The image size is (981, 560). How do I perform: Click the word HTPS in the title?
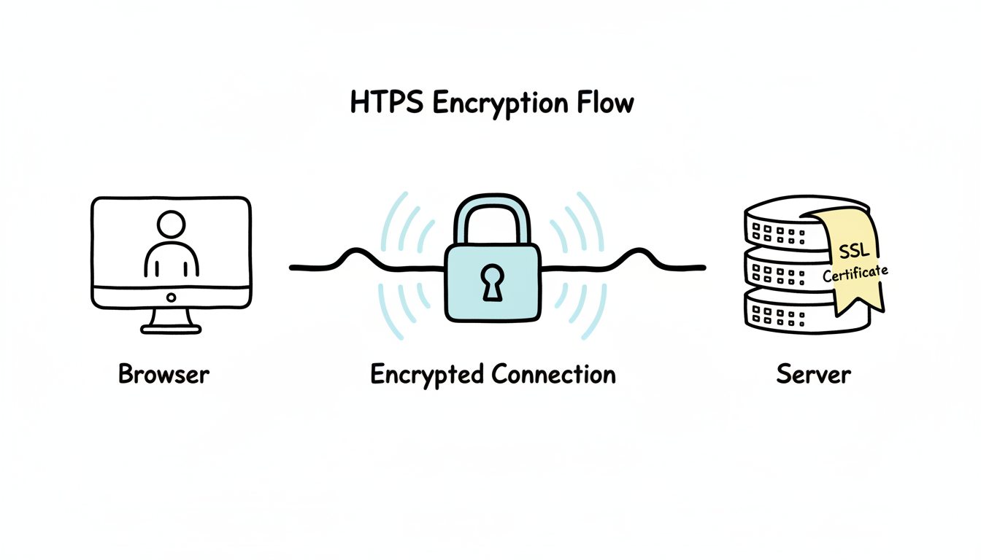386,103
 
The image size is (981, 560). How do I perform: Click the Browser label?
163,375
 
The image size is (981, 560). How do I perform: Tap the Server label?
813,375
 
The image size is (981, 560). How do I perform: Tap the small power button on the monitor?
171,297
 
